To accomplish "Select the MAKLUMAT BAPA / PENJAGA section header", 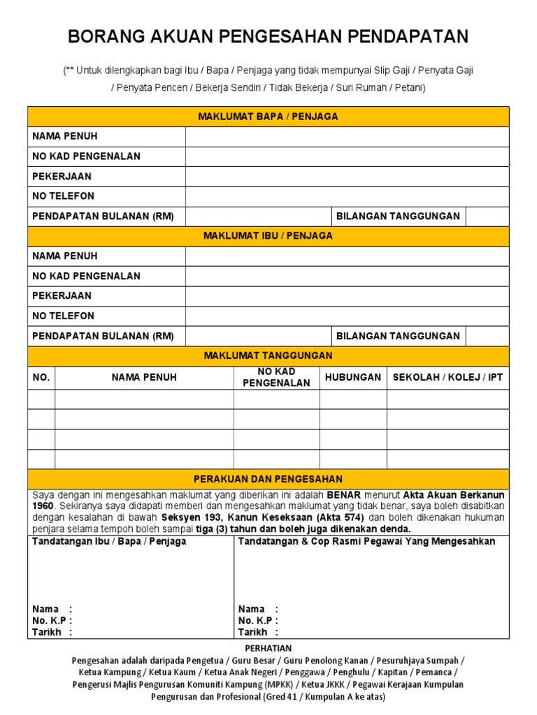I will coord(268,117).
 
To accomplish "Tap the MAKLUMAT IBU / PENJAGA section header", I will coord(268,236).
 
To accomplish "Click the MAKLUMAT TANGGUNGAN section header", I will coord(268,356).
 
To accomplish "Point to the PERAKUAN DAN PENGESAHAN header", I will coord(268,479).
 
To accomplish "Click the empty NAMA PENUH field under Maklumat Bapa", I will coord(347,136).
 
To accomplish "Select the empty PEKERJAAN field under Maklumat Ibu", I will coord(347,296).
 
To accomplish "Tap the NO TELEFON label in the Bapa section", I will coord(64,196).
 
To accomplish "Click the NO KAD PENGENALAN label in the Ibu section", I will coord(87,276).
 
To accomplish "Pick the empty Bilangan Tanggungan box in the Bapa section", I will coord(487,216).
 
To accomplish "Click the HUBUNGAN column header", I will coord(353,377).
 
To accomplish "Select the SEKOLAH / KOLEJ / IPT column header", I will coord(447,377).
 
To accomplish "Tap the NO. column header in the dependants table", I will coord(41,377).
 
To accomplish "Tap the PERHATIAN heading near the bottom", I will coord(268,649).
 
